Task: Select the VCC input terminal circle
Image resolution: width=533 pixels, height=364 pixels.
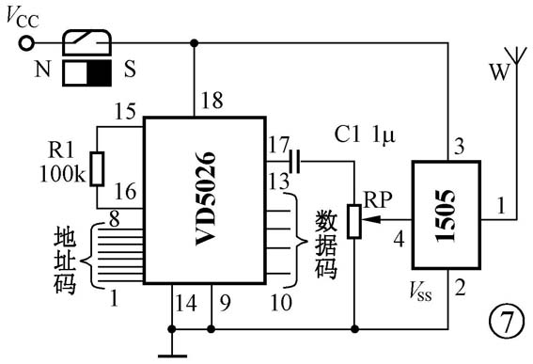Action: coord(27,42)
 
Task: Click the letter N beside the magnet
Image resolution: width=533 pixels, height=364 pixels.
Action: coord(41,71)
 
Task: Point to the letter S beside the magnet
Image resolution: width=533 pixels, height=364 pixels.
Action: coord(129,71)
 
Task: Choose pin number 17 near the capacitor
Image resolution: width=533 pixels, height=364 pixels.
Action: coord(278,146)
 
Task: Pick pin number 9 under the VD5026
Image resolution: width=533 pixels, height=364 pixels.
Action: coord(224,302)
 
